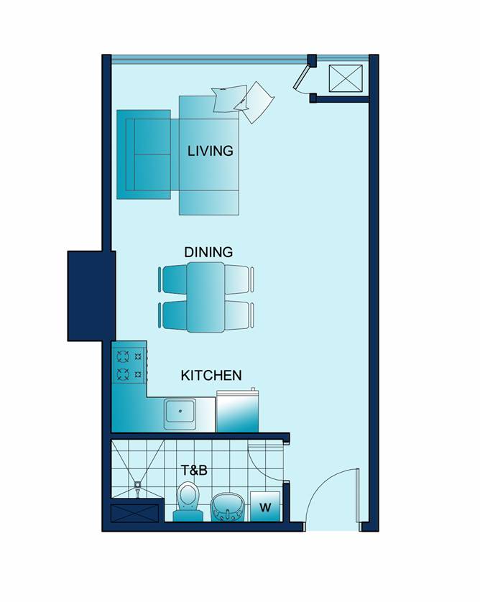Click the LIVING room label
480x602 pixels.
coord(210,151)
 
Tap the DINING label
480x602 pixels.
coord(208,252)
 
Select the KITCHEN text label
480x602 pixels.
coord(211,375)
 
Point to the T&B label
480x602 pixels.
coord(194,470)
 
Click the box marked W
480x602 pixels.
coord(265,506)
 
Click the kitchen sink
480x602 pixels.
coord(180,414)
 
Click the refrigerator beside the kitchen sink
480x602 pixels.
coord(237,411)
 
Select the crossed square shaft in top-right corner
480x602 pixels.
coord(346,78)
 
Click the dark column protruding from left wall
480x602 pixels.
coord(91,296)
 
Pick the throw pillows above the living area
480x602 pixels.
coord(243,101)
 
